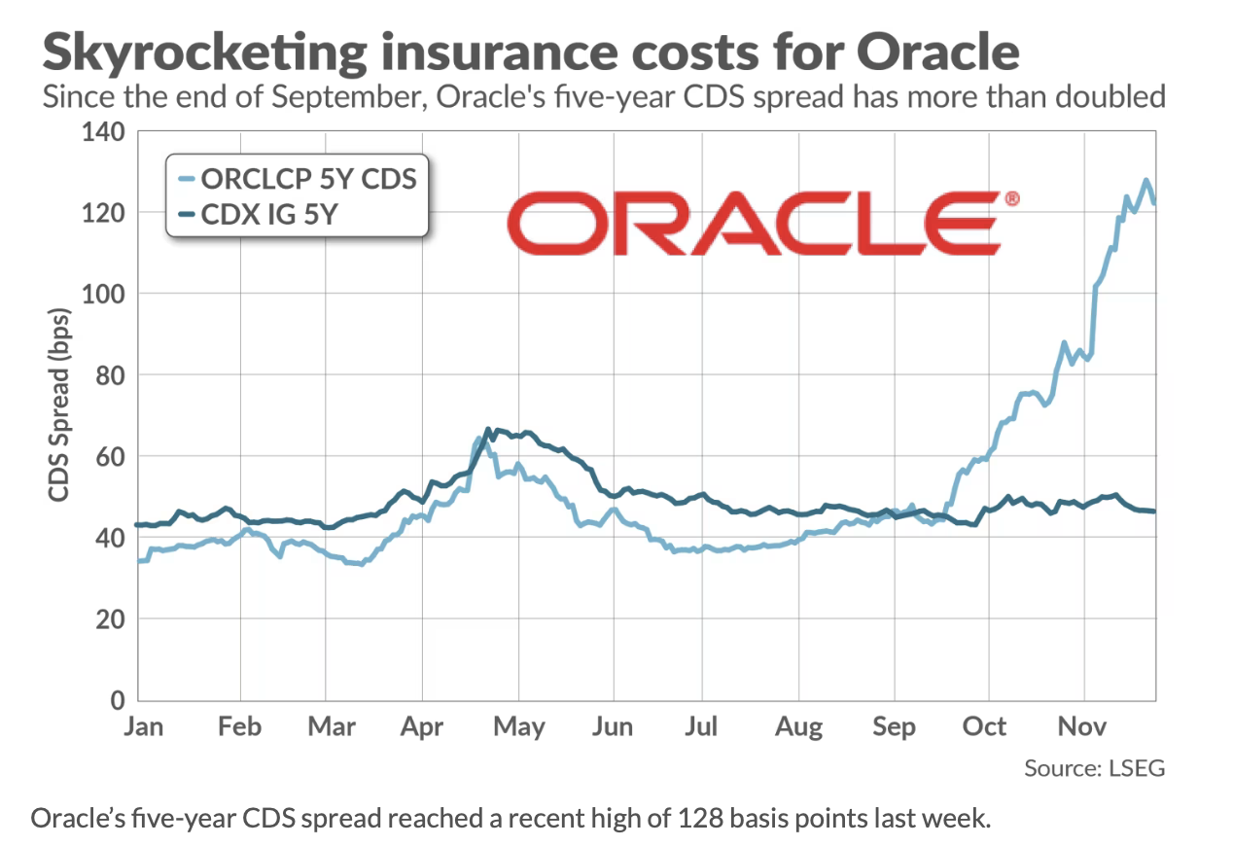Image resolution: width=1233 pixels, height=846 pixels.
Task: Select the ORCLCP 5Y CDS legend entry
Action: pyautogui.click(x=308, y=179)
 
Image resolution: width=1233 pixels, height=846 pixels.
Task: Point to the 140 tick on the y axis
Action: pyautogui.click(x=106, y=131)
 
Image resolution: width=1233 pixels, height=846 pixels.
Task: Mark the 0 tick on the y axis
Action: pyautogui.click(x=118, y=700)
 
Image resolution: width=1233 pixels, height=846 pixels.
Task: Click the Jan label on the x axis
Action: pyautogui.click(x=144, y=726)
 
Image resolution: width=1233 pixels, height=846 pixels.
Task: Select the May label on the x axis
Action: pyautogui.click(x=519, y=726)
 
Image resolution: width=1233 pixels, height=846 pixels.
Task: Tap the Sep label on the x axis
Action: pyautogui.click(x=894, y=726)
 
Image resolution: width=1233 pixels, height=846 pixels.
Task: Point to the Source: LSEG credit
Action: pyautogui.click(x=1094, y=768)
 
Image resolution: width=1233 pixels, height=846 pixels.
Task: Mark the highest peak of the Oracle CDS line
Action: pyautogui.click(x=1146, y=180)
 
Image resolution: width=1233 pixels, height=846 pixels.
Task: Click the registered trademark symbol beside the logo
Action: pyautogui.click(x=1011, y=199)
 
